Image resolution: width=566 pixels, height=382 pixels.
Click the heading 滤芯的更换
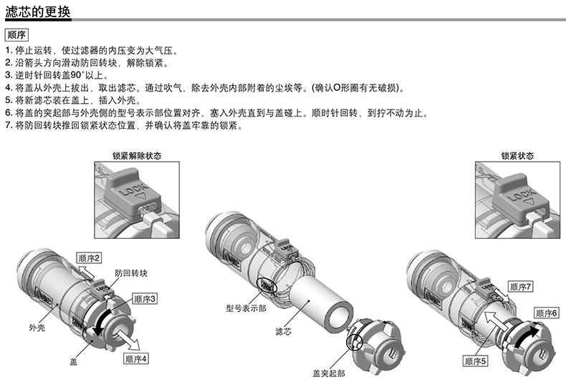pyautogui.click(x=38, y=11)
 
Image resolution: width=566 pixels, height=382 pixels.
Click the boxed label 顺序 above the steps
pyautogui.click(x=16, y=35)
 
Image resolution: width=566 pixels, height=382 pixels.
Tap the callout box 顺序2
pyautogui.click(x=89, y=258)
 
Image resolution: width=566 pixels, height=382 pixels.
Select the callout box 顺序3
pyautogui.click(x=145, y=299)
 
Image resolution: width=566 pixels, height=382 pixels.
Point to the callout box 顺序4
pyautogui.click(x=135, y=359)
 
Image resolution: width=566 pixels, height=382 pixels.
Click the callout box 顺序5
pyautogui.click(x=475, y=361)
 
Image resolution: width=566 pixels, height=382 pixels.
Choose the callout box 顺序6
pyautogui.click(x=546, y=313)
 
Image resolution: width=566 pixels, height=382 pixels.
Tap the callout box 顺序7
pyautogui.click(x=520, y=286)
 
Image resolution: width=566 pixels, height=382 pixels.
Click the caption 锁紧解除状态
pyautogui.click(x=137, y=156)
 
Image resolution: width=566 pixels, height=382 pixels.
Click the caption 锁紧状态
pyautogui.click(x=517, y=156)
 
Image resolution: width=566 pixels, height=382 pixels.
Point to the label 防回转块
pyautogui.click(x=131, y=273)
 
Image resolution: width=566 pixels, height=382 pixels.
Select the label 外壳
pyautogui.click(x=37, y=328)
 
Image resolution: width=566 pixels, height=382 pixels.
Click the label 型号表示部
pyautogui.click(x=246, y=308)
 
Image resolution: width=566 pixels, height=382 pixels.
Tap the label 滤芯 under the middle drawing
pyautogui.click(x=283, y=331)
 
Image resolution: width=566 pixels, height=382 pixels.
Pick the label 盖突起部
pyautogui.click(x=328, y=373)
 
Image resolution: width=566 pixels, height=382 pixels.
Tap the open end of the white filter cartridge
pyautogui.click(x=339, y=318)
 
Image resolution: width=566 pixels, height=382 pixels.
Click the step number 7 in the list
pyautogui.click(x=9, y=125)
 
